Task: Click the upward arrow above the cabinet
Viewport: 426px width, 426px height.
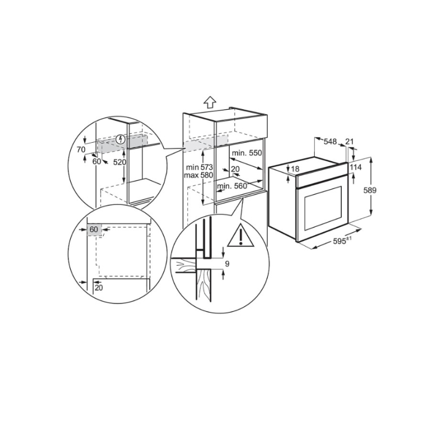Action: coord(210,101)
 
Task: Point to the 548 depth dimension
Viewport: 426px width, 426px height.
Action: coord(330,141)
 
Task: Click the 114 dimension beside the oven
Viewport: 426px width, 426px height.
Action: coord(356,167)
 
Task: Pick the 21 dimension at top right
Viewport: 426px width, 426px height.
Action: coord(349,141)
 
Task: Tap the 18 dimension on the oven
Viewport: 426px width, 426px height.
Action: coord(296,169)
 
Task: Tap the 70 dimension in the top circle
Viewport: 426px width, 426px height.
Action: coord(80,150)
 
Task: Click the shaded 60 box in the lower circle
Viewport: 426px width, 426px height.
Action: coord(94,229)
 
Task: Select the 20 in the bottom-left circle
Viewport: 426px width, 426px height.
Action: coord(99,288)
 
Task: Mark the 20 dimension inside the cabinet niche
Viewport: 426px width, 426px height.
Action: coord(235,169)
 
